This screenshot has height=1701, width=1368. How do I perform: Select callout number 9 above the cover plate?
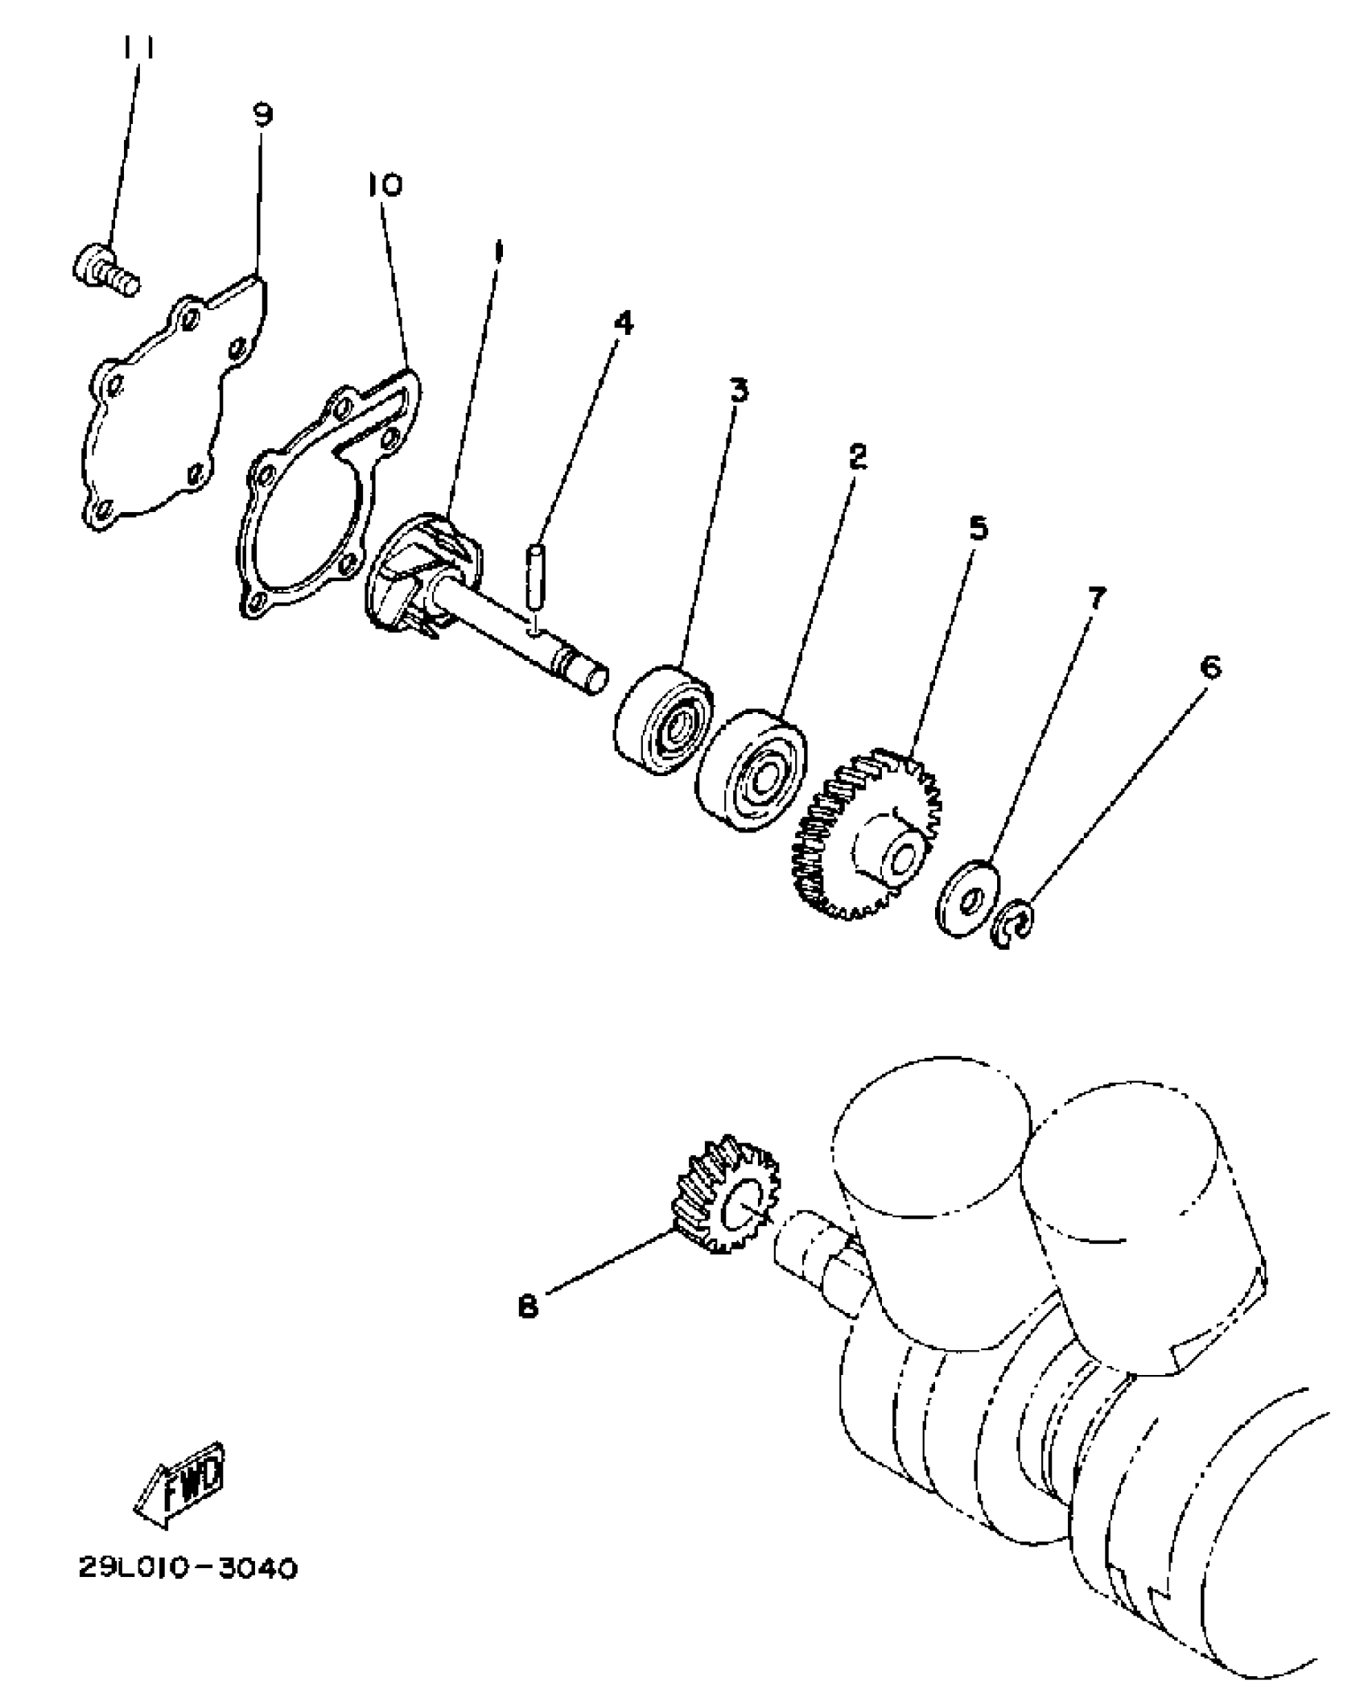click(262, 115)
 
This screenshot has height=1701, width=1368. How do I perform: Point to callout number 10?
click(385, 186)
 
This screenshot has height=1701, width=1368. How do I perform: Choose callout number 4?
click(622, 324)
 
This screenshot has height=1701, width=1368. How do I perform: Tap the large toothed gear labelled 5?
click(869, 837)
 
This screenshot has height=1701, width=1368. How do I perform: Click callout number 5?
click(978, 529)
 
